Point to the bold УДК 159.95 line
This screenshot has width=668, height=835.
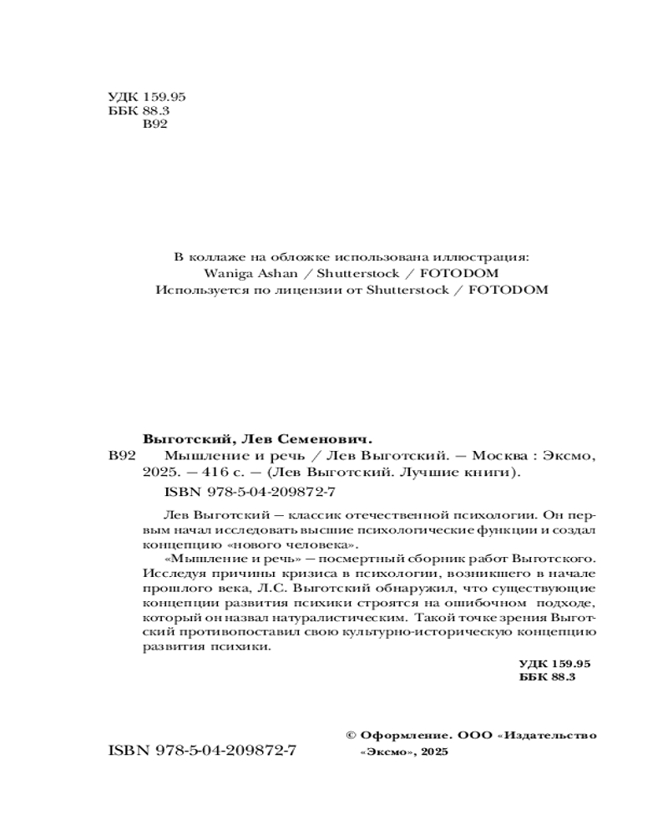pos(554,662)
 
